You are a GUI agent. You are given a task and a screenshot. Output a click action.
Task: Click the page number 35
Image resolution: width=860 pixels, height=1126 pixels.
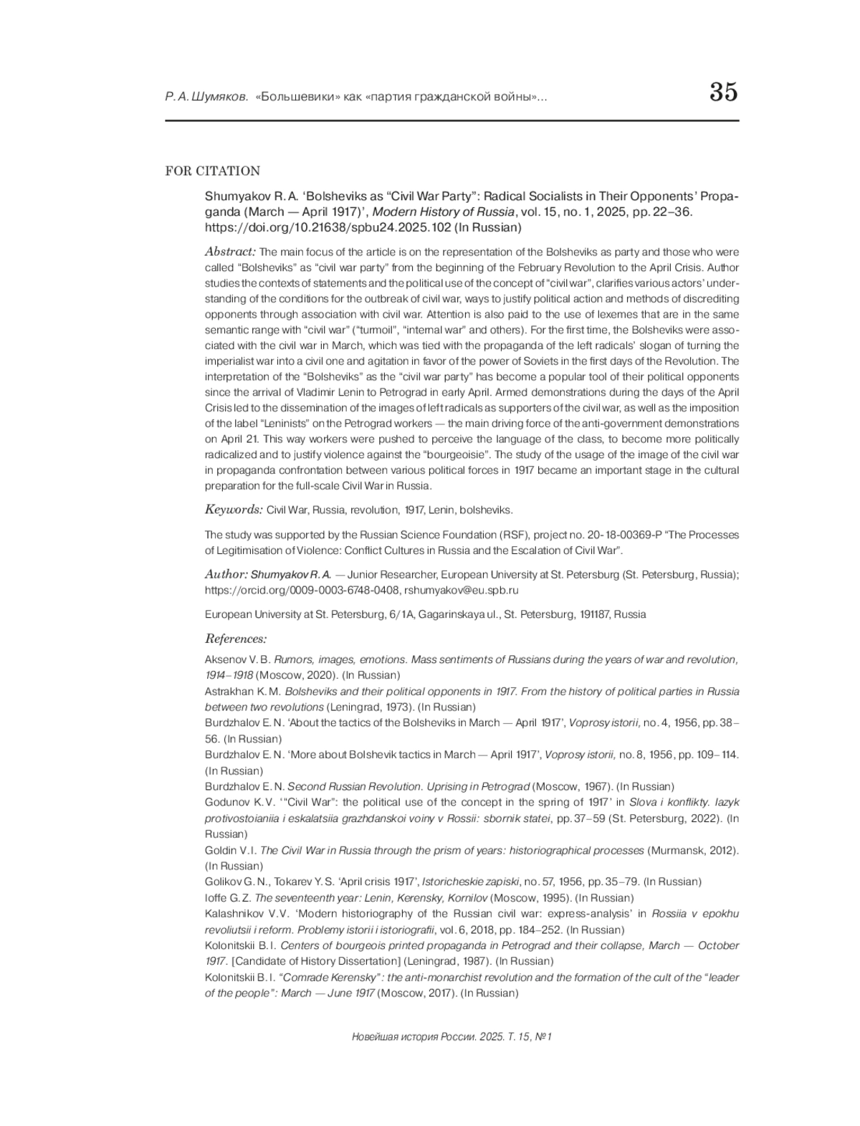pos(723,93)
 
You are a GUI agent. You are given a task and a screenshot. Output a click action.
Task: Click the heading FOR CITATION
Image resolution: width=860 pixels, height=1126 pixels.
pos(212,171)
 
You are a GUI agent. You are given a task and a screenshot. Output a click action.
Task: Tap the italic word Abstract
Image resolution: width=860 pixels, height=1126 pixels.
pos(230,252)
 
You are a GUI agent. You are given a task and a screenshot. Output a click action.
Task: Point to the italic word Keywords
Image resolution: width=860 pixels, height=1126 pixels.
pos(234,510)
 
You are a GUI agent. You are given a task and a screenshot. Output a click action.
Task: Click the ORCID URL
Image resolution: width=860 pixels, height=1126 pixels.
pos(302,591)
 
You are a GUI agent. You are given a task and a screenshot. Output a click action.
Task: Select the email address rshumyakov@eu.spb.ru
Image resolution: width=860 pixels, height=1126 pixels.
pos(461,591)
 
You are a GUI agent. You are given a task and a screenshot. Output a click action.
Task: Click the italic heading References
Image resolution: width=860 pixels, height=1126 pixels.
pos(236,639)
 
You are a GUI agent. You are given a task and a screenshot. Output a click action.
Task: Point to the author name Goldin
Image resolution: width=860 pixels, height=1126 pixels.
pos(221,851)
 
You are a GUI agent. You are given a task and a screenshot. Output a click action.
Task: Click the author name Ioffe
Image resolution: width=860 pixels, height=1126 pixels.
pos(216,898)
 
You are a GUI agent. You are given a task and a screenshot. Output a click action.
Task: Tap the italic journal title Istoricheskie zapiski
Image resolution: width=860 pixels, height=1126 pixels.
pos(467,882)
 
